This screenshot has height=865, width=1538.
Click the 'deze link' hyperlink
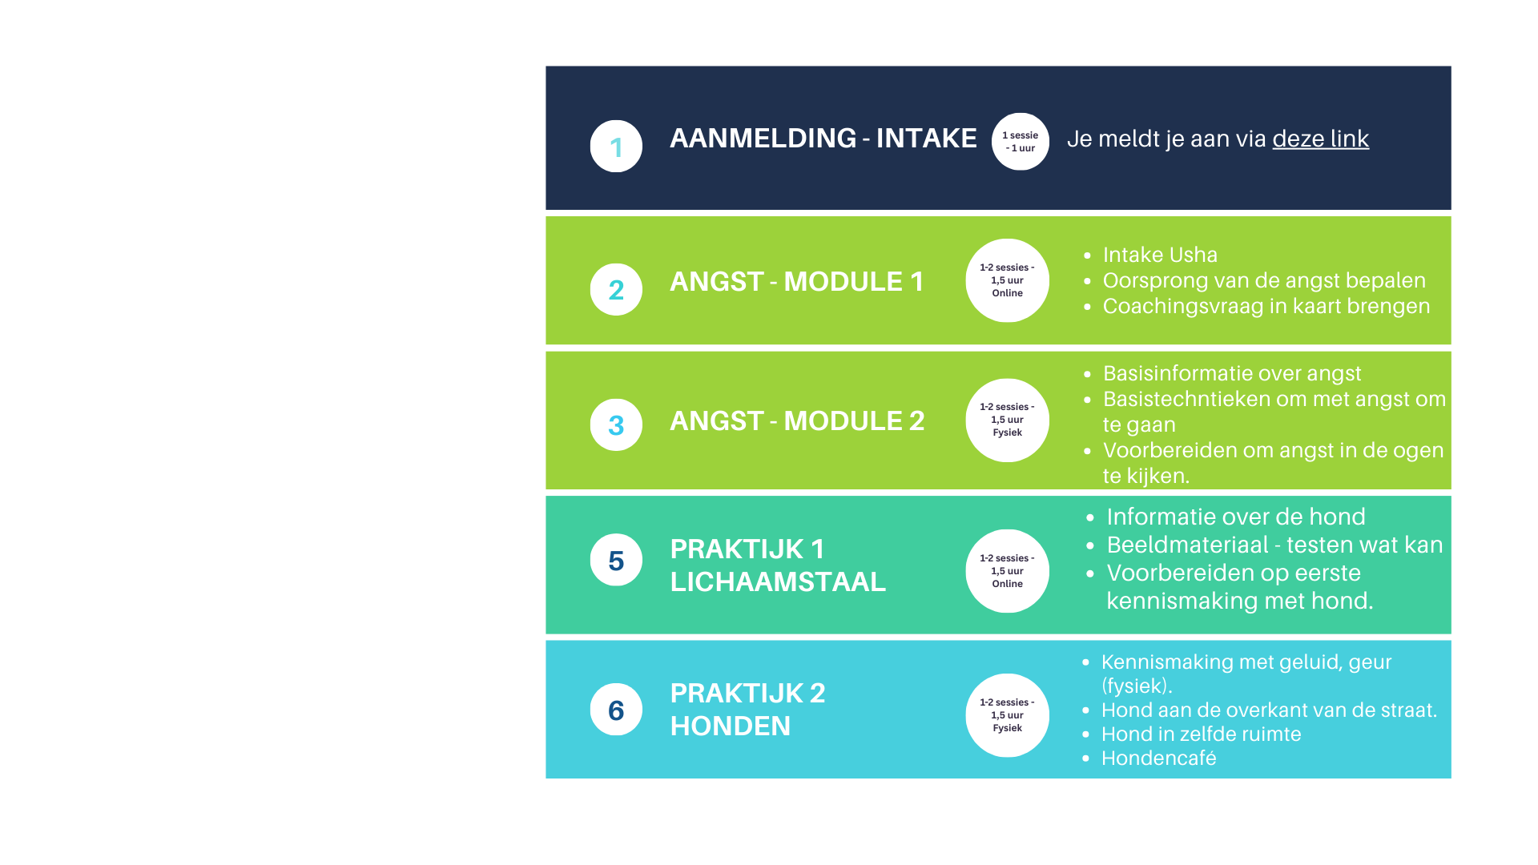point(1320,139)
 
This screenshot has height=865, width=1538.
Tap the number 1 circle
point(616,146)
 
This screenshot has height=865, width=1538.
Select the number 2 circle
point(616,289)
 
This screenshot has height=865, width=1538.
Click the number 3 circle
point(616,424)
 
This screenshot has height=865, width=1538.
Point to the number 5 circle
point(616,560)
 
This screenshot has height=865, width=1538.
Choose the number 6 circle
point(616,709)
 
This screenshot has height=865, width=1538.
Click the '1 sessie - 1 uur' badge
point(1020,141)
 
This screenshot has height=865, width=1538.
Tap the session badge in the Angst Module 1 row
point(1007,280)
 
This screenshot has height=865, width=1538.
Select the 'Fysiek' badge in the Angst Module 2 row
point(1007,420)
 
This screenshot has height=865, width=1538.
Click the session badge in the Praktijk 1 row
point(1007,571)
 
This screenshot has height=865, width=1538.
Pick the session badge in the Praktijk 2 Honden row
point(1007,715)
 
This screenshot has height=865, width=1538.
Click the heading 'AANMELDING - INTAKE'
point(823,138)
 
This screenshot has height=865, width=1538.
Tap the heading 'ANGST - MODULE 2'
point(797,420)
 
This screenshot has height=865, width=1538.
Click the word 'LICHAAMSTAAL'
point(778,581)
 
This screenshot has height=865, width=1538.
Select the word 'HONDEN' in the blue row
point(730,726)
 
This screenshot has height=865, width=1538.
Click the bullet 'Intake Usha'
point(1160,255)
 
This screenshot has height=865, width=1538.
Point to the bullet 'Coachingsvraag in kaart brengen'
point(1266,306)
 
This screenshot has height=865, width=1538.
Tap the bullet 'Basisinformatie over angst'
point(1231,373)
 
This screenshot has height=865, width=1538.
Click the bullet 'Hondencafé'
point(1158,758)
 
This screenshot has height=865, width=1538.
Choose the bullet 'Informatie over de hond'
point(1235,517)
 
